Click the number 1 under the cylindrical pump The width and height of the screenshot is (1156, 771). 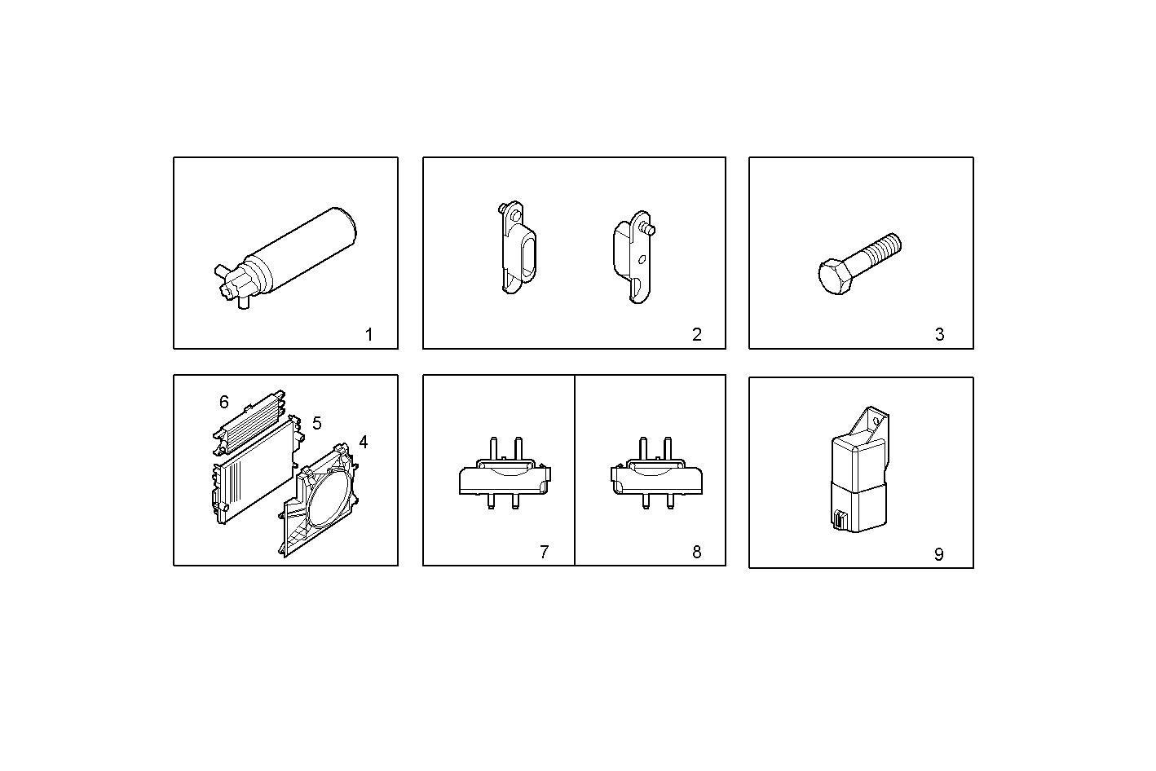[x=368, y=334]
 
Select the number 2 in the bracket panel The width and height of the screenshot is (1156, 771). [x=696, y=334]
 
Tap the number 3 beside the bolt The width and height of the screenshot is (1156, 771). [x=939, y=334]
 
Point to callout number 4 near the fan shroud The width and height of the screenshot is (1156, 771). [x=364, y=442]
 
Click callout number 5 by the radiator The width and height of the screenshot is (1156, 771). [x=317, y=423]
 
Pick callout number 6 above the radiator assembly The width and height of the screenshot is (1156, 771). [x=224, y=402]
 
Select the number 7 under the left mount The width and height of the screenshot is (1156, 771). [x=544, y=552]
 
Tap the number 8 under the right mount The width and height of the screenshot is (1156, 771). [x=696, y=552]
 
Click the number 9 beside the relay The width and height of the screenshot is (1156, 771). [x=938, y=554]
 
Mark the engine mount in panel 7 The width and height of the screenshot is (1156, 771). [x=504, y=477]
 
